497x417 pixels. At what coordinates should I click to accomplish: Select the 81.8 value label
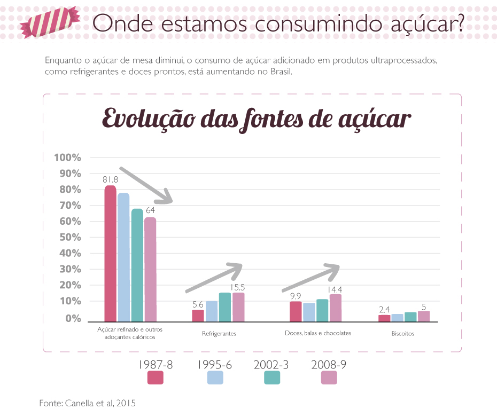coord(110,179)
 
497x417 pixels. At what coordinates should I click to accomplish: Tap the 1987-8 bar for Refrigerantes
coord(198,316)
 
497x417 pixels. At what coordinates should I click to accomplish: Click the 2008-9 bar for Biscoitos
coord(424,316)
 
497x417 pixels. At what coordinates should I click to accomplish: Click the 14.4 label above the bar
coord(335,289)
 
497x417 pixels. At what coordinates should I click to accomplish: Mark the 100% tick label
coord(67,158)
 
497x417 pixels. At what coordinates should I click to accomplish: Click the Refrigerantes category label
coord(219,334)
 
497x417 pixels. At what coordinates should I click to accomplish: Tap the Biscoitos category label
coord(402,334)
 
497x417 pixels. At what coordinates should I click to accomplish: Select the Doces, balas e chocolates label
coord(318,333)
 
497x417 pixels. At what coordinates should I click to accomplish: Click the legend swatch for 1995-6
coord(215,377)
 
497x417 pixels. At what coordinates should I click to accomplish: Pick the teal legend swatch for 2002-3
coord(273,377)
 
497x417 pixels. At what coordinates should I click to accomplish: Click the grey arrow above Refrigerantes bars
coord(214,278)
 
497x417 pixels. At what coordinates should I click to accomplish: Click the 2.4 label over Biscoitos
coord(384,309)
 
